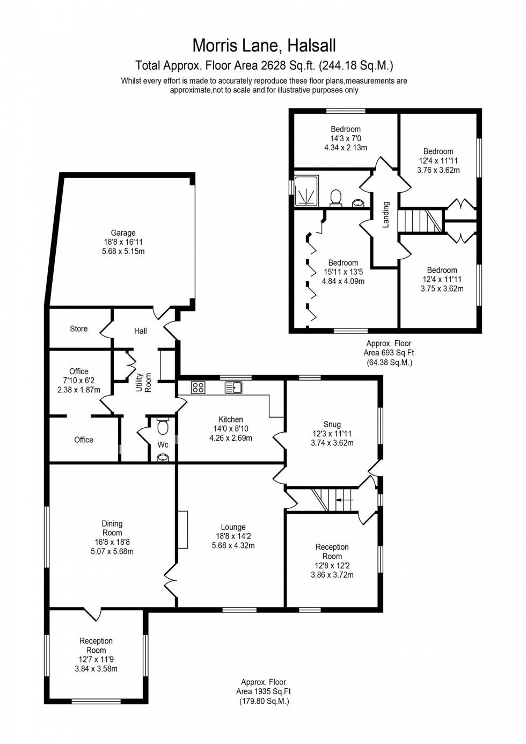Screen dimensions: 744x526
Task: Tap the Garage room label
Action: (x=123, y=233)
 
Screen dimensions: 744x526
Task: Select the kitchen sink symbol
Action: (x=233, y=387)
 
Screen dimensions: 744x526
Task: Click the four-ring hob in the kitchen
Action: (x=198, y=387)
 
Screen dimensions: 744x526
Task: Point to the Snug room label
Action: (x=332, y=424)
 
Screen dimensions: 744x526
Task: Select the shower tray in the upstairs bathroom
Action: (x=306, y=191)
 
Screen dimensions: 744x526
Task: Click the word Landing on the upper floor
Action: (x=385, y=215)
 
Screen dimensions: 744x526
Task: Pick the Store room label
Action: (x=78, y=329)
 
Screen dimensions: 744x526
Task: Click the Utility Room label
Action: (x=144, y=382)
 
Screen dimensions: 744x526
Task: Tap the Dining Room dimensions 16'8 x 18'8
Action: (x=112, y=542)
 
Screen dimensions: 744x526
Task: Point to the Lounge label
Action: (x=233, y=527)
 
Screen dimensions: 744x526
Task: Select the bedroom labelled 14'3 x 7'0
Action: (x=346, y=138)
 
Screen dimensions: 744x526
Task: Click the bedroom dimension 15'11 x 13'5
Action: (x=343, y=272)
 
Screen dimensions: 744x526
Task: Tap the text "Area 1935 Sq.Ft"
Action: (x=264, y=692)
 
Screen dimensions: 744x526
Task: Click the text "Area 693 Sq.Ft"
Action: (x=389, y=353)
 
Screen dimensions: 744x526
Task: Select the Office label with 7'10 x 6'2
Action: (x=79, y=380)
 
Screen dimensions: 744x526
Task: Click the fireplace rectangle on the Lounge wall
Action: (x=183, y=529)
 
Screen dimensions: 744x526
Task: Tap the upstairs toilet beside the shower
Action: (x=336, y=196)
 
